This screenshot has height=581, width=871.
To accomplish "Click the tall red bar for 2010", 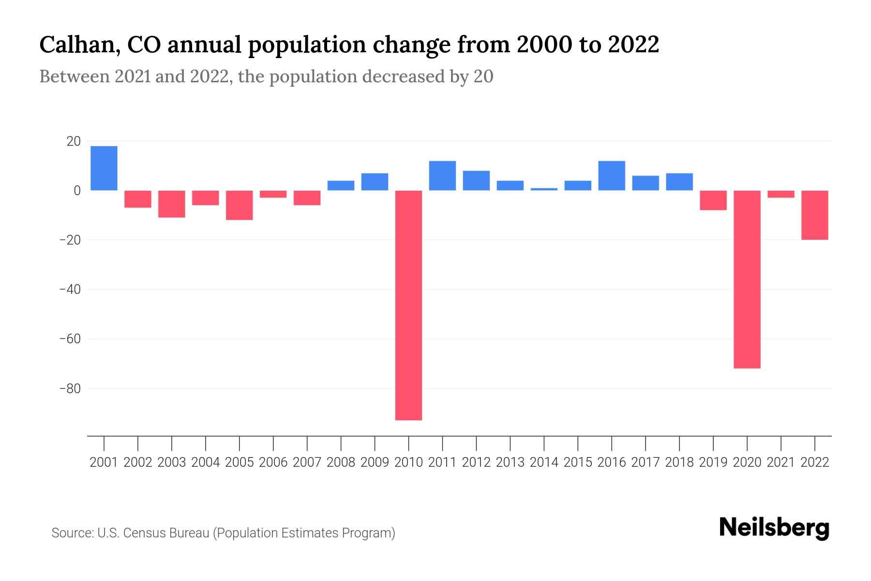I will [408, 305].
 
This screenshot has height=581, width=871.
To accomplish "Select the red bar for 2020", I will [747, 279].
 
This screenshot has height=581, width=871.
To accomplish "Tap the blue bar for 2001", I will [104, 168].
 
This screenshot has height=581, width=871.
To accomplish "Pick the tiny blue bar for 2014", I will [544, 189].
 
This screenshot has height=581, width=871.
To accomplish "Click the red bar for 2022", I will [815, 215].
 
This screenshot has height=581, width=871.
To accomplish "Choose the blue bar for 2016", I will [612, 176].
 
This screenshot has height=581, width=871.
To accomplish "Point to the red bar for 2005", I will [240, 205].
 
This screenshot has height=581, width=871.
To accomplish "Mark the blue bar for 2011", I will [442, 176].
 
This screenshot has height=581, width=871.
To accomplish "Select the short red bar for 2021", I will [781, 194].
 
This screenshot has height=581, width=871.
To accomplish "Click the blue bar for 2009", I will [375, 182].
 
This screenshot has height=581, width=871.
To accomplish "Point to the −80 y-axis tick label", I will [70, 388].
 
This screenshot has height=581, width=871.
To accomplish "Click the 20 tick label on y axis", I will [74, 141].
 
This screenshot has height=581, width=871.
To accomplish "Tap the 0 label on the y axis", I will [77, 191].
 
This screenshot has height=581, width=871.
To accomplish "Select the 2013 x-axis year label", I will [510, 462].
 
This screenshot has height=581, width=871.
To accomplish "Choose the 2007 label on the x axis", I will [307, 462].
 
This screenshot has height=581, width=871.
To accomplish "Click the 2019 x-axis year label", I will [713, 462].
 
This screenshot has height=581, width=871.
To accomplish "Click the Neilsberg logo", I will [774, 528].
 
